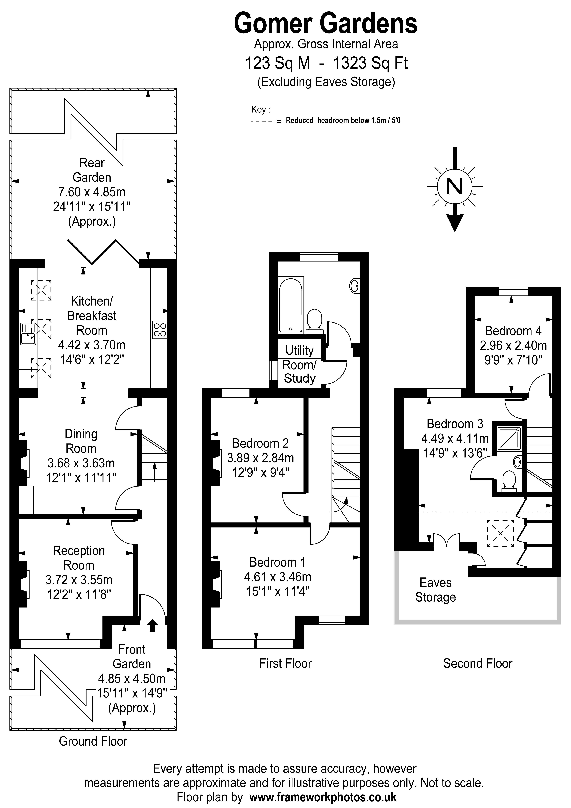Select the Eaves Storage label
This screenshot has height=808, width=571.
click(436, 590)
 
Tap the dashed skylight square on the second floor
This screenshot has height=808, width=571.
click(500, 534)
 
